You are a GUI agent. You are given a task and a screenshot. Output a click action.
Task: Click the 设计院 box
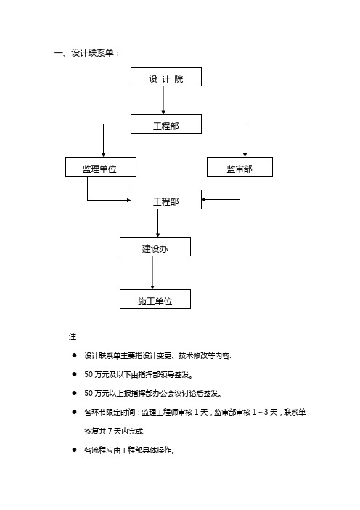click(x=166, y=77)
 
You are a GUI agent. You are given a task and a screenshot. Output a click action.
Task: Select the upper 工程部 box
click(x=166, y=124)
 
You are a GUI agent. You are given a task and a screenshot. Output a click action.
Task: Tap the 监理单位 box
click(x=101, y=167)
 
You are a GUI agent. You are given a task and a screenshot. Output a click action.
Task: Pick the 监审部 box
click(x=240, y=167)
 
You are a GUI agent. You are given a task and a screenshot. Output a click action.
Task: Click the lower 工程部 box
click(x=166, y=199)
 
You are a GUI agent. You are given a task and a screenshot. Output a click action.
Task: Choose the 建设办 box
click(x=155, y=246)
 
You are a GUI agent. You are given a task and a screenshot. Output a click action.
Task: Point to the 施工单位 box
click(x=155, y=299)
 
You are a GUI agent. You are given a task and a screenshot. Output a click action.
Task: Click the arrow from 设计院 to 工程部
click(x=163, y=100)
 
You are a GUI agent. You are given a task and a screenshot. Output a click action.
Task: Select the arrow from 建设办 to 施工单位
click(x=152, y=272)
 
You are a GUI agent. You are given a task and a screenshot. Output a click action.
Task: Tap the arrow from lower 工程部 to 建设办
click(x=158, y=223)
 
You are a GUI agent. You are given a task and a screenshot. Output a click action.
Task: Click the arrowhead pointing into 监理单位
click(x=103, y=155)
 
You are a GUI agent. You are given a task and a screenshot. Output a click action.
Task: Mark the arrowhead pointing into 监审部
click(x=245, y=155)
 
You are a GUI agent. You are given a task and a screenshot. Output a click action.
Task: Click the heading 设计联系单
click(x=92, y=53)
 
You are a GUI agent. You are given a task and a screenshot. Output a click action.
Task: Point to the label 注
click(x=73, y=336)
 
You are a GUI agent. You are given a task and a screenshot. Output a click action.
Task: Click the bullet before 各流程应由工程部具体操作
click(x=75, y=450)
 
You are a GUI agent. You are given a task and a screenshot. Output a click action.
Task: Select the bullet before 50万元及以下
click(x=75, y=374)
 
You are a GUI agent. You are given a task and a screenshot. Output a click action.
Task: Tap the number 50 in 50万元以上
click(x=89, y=393)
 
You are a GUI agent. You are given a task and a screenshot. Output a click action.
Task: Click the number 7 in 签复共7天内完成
click(x=110, y=431)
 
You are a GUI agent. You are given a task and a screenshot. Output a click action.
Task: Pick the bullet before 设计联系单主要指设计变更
click(x=75, y=355)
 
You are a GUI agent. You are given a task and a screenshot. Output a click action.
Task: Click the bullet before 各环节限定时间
click(x=75, y=412)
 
